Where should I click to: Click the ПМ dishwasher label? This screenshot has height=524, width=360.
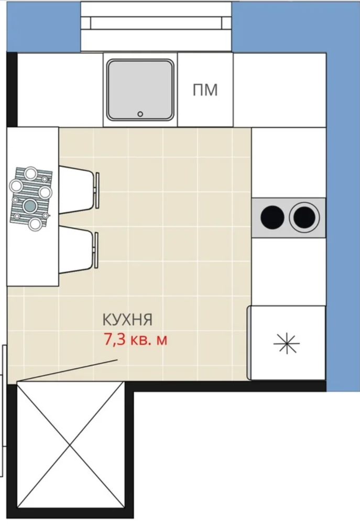tap(205, 90)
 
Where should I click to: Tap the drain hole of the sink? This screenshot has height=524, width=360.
tap(140, 114)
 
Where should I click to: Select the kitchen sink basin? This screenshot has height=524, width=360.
tap(140, 90)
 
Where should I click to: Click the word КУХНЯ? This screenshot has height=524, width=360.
tap(127, 320)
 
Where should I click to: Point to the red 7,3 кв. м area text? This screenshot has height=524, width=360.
tap(135, 340)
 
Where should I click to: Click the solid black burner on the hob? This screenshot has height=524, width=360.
tap(272, 217)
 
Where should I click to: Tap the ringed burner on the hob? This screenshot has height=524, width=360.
tap(304, 217)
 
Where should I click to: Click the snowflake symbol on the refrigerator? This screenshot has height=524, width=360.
tap(287, 343)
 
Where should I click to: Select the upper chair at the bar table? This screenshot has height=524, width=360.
tap(79, 190)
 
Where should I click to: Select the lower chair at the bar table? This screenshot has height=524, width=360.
tap(79, 250)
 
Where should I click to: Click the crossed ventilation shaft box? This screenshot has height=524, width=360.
tap(71, 445)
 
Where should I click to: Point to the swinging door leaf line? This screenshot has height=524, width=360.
tap(67, 370)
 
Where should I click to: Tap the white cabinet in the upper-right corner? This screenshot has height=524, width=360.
tap(280, 90)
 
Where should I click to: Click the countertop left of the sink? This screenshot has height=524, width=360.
tap(60, 90)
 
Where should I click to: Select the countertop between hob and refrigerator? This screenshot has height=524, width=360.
tap(288, 271)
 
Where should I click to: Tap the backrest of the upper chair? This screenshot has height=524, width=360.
tap(97, 190)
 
